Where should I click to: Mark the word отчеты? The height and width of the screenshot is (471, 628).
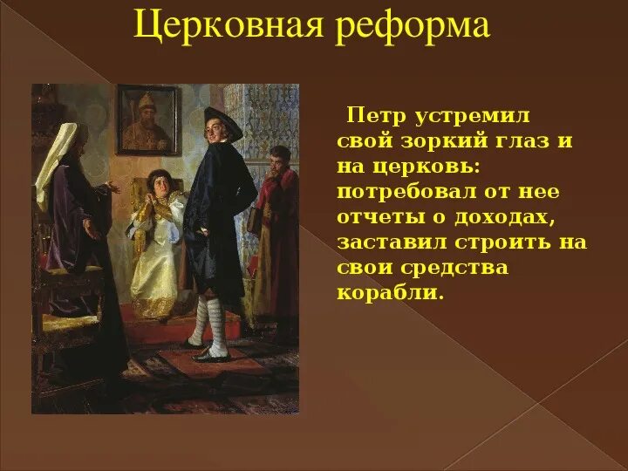380,216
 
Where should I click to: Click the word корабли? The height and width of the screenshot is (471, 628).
390,292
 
